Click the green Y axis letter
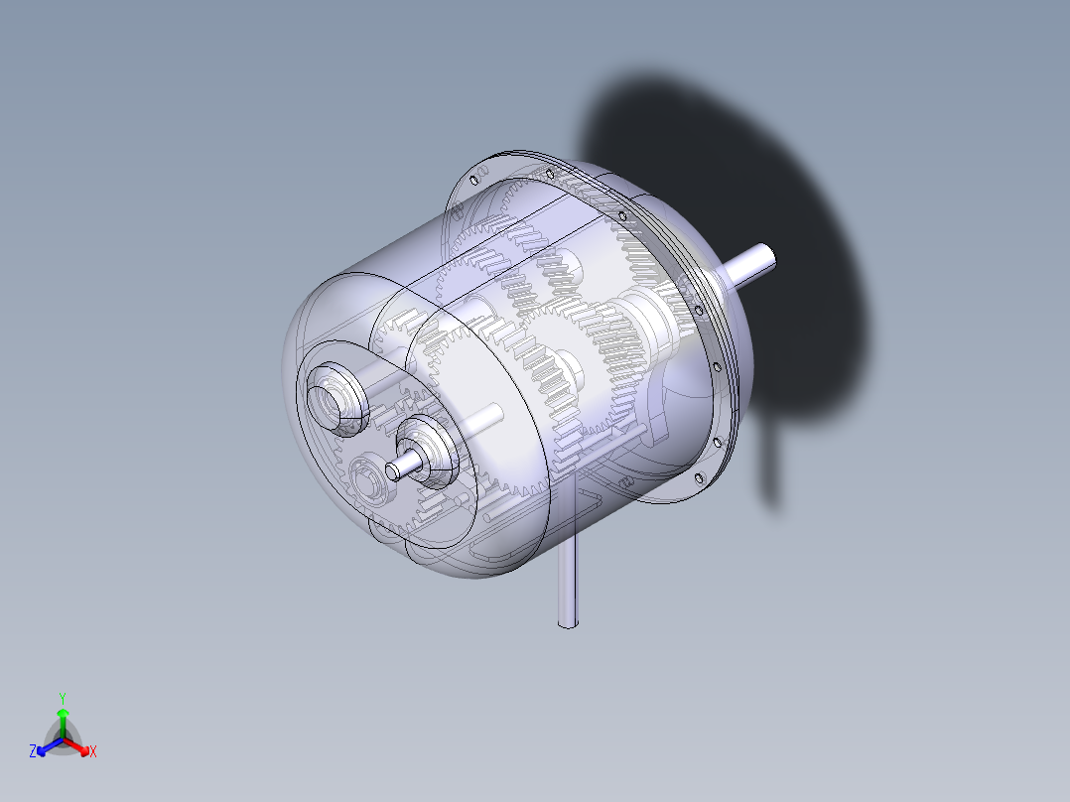[62, 697]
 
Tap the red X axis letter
[92, 752]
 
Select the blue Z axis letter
[33, 751]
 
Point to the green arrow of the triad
[62, 717]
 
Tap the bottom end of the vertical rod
[567, 622]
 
